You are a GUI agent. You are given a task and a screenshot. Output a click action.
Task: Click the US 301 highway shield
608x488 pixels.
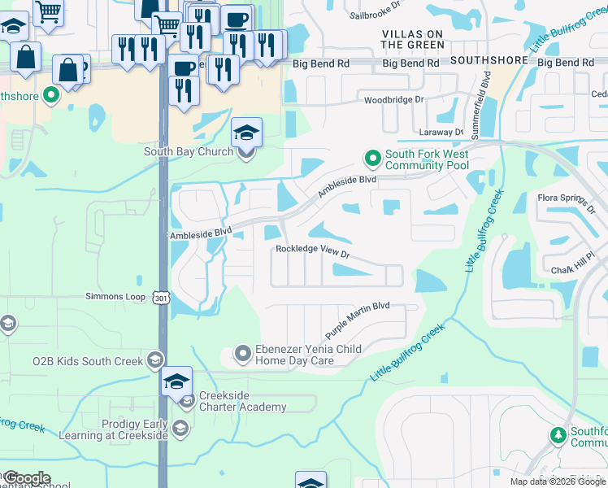coord(159,298)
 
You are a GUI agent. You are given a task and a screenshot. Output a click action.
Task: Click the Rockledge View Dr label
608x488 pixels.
coord(312,251)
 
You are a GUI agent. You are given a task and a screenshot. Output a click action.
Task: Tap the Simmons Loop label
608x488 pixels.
coord(115,297)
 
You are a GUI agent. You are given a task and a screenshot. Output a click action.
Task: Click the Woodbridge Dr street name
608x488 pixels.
coord(394,99)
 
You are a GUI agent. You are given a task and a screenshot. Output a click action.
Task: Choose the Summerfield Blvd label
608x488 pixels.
coord(487,92)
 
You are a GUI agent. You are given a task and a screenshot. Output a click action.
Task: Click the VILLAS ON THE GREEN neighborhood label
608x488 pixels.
coord(412,39)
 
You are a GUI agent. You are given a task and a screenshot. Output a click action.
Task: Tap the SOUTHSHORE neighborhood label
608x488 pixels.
coord(483,60)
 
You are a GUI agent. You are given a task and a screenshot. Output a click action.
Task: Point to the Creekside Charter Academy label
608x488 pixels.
coord(242,401)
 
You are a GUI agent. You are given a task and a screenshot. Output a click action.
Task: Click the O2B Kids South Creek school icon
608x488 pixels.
coord(154,361)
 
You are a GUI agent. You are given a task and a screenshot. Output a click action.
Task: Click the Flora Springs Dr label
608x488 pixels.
coord(567,201)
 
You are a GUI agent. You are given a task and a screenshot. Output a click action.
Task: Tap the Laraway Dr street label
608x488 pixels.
coord(442,131)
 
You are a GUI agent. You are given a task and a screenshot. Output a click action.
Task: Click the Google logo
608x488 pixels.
coord(27,478)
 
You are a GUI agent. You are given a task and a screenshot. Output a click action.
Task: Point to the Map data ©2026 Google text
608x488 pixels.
coord(557,481)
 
